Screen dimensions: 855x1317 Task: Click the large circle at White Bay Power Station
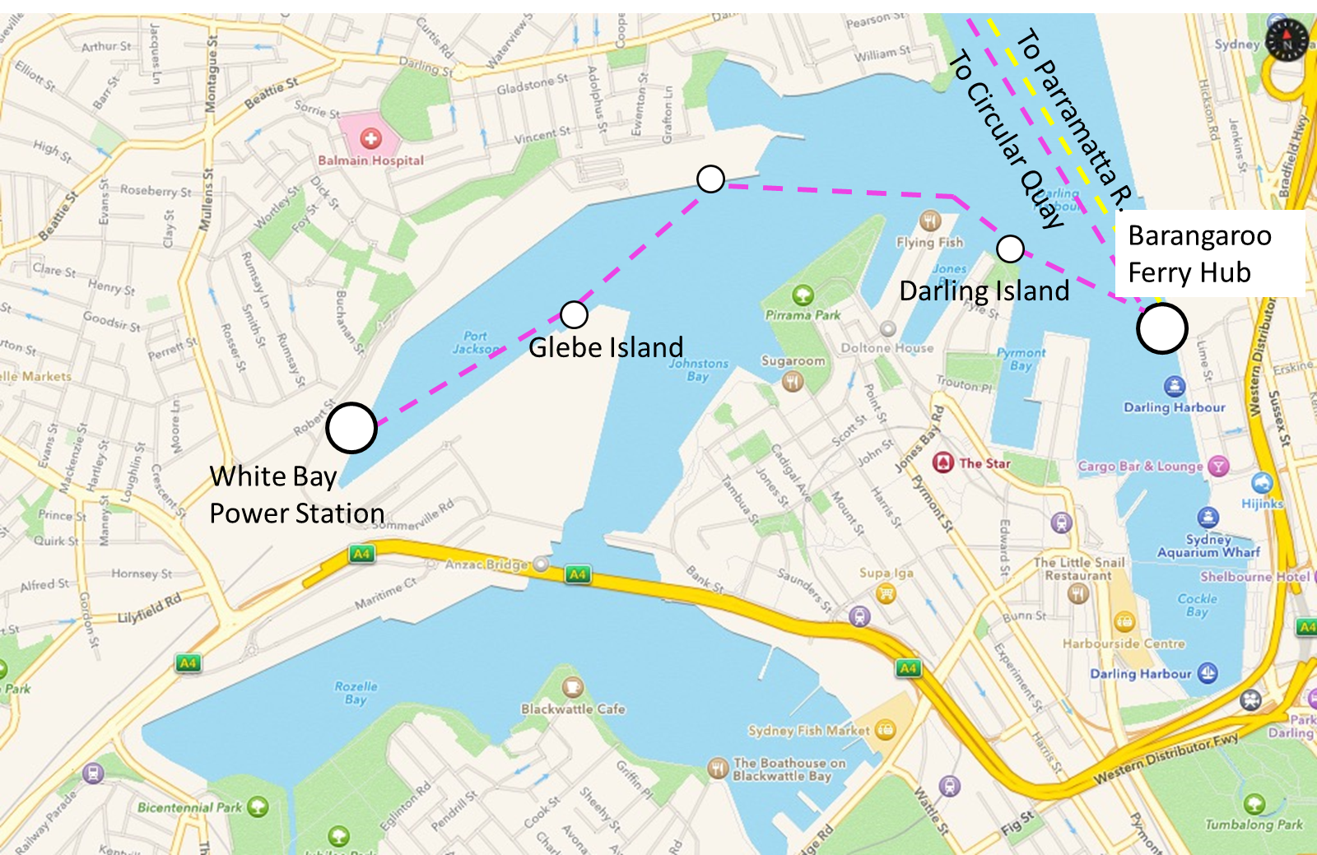[x=351, y=428]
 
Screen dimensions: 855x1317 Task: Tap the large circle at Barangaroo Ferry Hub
[x=1161, y=328]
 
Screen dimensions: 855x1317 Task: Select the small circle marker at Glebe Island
[x=574, y=314]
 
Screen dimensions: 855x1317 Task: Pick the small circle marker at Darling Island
[x=1010, y=249]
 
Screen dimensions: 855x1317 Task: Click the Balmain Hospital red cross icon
[x=371, y=139]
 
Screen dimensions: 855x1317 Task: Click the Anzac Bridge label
[x=486, y=565]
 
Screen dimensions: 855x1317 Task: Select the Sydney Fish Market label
[x=808, y=730]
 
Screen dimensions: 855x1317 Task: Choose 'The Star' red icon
[x=942, y=462]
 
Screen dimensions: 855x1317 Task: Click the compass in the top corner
[x=1287, y=39]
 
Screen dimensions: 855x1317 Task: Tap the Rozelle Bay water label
[x=356, y=693]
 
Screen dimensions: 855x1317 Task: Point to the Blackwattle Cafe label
[x=573, y=709]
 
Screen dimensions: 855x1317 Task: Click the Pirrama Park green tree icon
[x=803, y=295]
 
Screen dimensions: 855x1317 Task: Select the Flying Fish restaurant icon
[x=930, y=221]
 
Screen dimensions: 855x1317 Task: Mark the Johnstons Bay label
[x=698, y=369]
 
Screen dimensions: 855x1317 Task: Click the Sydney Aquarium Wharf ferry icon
[x=1208, y=517]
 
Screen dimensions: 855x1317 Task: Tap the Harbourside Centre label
[x=1124, y=644]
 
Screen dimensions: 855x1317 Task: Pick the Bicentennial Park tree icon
[x=258, y=806]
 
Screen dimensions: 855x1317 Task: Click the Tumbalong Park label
[x=1254, y=824]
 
